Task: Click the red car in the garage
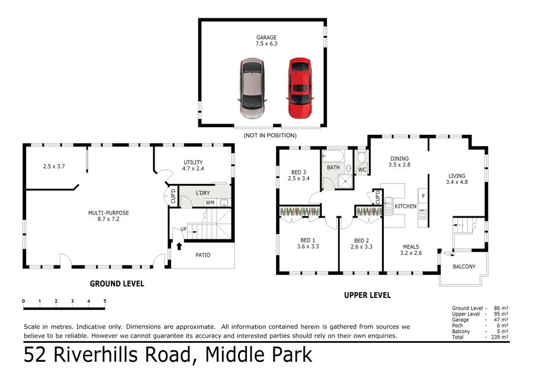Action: coord(300,88)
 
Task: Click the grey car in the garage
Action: coord(252,88)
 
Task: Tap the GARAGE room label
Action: coord(266,37)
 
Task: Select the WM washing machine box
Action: coord(210,203)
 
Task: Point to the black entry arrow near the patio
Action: coord(179,246)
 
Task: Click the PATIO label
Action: coord(203,255)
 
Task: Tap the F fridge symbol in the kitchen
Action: coord(423,196)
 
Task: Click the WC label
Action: coord(362,170)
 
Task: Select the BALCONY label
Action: coord(464,267)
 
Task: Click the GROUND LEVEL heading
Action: coord(117,284)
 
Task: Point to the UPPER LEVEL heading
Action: coord(367,295)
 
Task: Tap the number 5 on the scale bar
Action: coord(105,301)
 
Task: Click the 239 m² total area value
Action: coord(500,337)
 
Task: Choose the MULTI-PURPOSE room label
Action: coord(108,213)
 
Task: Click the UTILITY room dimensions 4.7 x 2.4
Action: coord(193,168)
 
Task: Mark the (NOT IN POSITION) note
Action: coord(270,135)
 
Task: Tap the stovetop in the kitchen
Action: coord(422,215)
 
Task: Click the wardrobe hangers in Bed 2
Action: coord(369,212)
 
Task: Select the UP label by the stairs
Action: coord(184,229)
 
